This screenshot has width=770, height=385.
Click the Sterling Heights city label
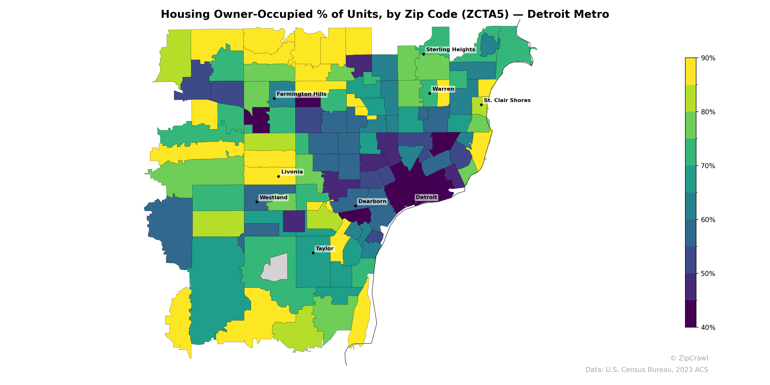pyautogui.click(x=450, y=50)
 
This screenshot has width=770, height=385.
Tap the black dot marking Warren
pyautogui.click(x=430, y=94)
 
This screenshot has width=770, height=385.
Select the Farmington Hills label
pyautogui.click(x=301, y=94)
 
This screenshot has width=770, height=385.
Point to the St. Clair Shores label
pyautogui.click(x=507, y=100)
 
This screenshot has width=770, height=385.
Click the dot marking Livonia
pyautogui.click(x=278, y=176)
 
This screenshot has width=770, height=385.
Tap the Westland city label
pyautogui.click(x=273, y=198)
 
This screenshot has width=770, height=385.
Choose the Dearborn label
pyautogui.click(x=372, y=201)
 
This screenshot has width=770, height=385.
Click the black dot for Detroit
pyautogui.click(x=413, y=202)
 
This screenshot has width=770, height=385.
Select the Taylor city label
pyautogui.click(x=324, y=249)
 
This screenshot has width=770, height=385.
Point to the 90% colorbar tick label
pyautogui.click(x=708, y=58)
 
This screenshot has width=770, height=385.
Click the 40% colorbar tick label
pyautogui.click(x=708, y=327)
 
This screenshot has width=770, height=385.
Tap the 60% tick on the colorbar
pyautogui.click(x=708, y=220)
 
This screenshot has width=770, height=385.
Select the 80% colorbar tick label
pyautogui.click(x=708, y=112)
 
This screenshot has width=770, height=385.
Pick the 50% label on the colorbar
pyautogui.click(x=708, y=274)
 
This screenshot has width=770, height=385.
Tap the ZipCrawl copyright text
pyautogui.click(x=689, y=358)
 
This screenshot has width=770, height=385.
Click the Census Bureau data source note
pyautogui.click(x=647, y=370)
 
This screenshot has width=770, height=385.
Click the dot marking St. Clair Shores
pyautogui.click(x=481, y=105)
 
